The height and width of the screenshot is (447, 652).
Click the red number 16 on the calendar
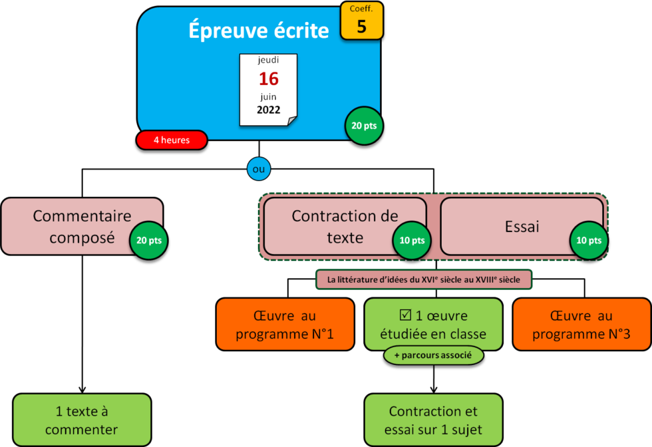click(x=269, y=78)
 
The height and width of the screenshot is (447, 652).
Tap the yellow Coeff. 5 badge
click(x=361, y=21)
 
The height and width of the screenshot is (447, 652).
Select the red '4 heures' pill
click(x=172, y=140)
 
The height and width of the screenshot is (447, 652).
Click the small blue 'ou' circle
click(x=258, y=169)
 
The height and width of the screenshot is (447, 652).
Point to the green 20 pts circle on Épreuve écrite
click(x=364, y=125)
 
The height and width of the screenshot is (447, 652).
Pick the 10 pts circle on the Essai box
click(x=589, y=240)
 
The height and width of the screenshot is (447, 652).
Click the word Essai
click(x=521, y=226)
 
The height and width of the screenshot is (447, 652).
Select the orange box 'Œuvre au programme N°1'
click(x=285, y=324)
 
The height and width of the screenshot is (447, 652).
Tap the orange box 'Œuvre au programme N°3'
click(x=581, y=324)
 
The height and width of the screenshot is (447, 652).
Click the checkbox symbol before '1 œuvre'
click(x=405, y=315)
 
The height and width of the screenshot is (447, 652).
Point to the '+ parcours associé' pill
click(x=433, y=355)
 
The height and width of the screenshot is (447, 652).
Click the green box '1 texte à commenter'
click(x=82, y=420)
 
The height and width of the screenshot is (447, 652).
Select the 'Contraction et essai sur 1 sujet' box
click(x=433, y=420)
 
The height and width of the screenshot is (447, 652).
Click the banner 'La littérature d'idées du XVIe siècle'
click(x=424, y=279)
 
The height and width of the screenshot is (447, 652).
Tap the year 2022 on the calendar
click(x=269, y=110)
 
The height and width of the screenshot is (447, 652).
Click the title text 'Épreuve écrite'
click(x=259, y=30)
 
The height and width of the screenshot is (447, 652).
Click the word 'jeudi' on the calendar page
click(x=269, y=61)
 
